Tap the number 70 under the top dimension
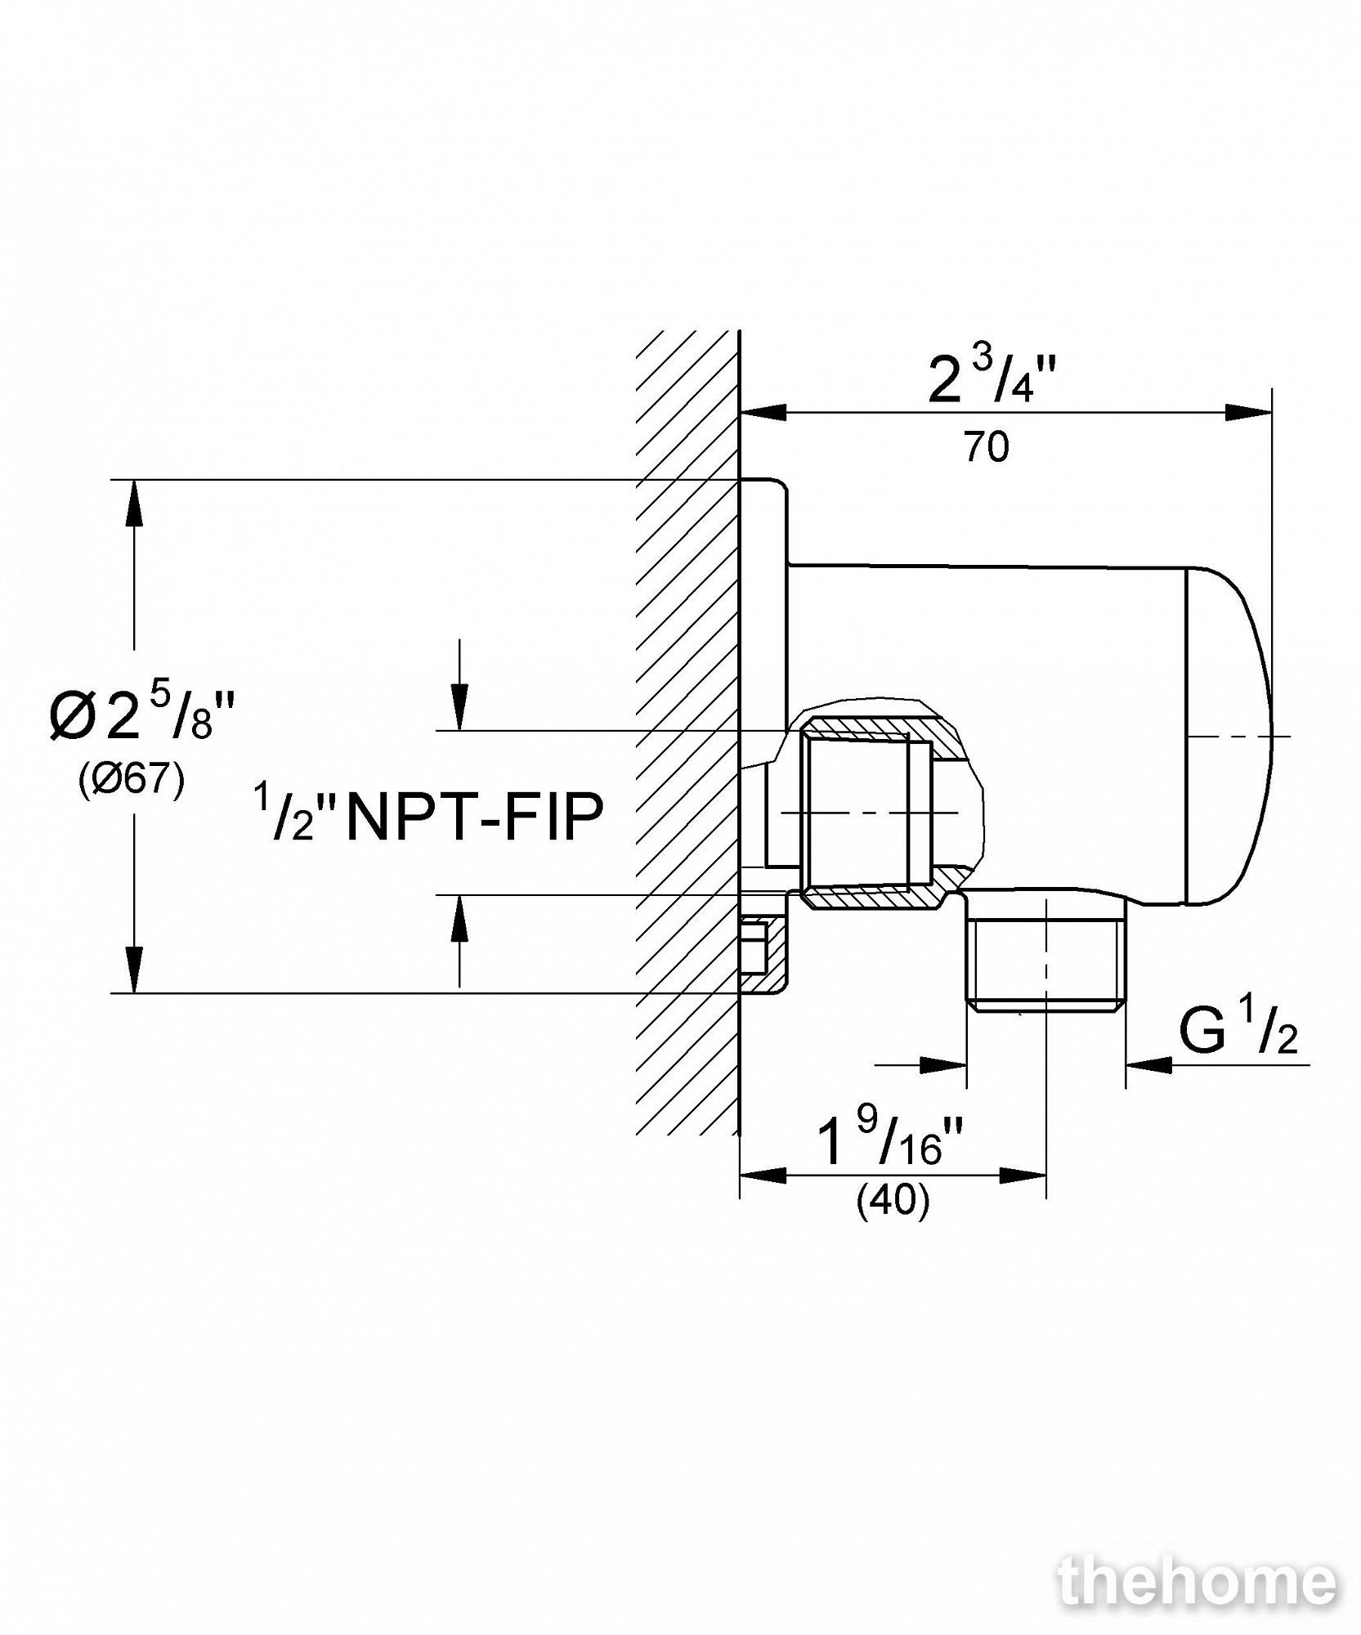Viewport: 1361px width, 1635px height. [x=987, y=447]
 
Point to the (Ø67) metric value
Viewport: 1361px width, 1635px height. [x=132, y=780]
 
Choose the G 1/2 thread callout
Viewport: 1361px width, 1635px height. [x=1238, y=1031]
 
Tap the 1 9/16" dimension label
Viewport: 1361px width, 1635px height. [x=891, y=1140]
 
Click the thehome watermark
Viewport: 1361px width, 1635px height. [x=1198, y=1582]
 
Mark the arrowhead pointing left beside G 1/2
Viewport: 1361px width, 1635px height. [x=1148, y=1064]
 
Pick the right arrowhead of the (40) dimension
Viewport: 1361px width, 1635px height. [x=1023, y=1176]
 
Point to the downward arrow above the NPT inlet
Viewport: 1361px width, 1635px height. [x=460, y=708]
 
